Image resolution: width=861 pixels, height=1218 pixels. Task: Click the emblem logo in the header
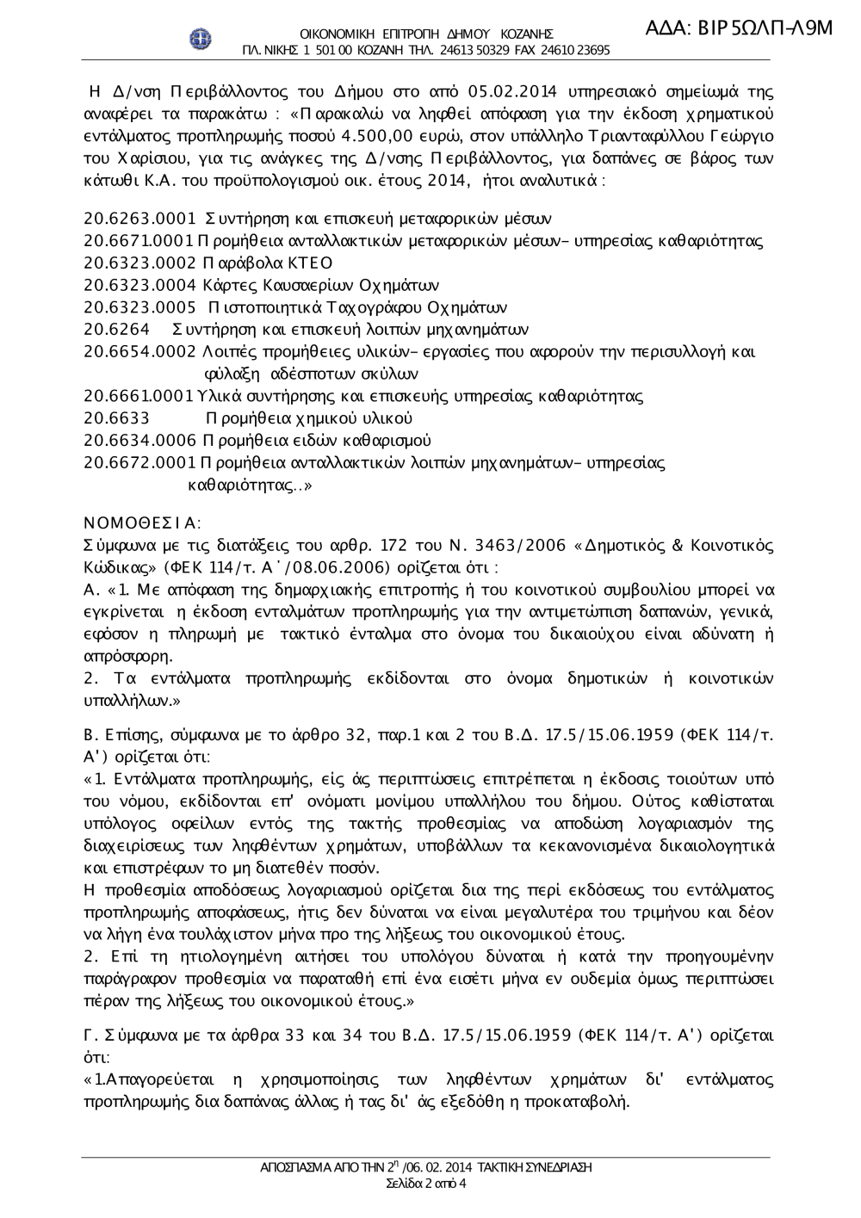[x=201, y=39]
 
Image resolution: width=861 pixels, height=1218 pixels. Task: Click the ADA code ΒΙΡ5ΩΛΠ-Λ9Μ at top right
[x=740, y=28]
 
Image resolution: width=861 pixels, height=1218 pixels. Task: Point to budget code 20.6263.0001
[x=140, y=219]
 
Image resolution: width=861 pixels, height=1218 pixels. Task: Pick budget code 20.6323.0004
[x=140, y=286]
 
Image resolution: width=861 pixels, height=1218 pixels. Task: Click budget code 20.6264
[x=117, y=330]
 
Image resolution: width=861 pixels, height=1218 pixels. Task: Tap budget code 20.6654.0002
[x=140, y=352]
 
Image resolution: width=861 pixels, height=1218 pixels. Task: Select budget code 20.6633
[x=117, y=418]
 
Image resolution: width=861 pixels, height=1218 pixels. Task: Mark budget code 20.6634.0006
[x=140, y=441]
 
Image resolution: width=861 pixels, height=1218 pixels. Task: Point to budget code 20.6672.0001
[x=140, y=463]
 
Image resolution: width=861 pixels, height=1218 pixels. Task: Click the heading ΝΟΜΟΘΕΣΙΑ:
[x=142, y=522]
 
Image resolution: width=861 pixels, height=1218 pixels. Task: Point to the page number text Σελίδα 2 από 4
[x=426, y=1184]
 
